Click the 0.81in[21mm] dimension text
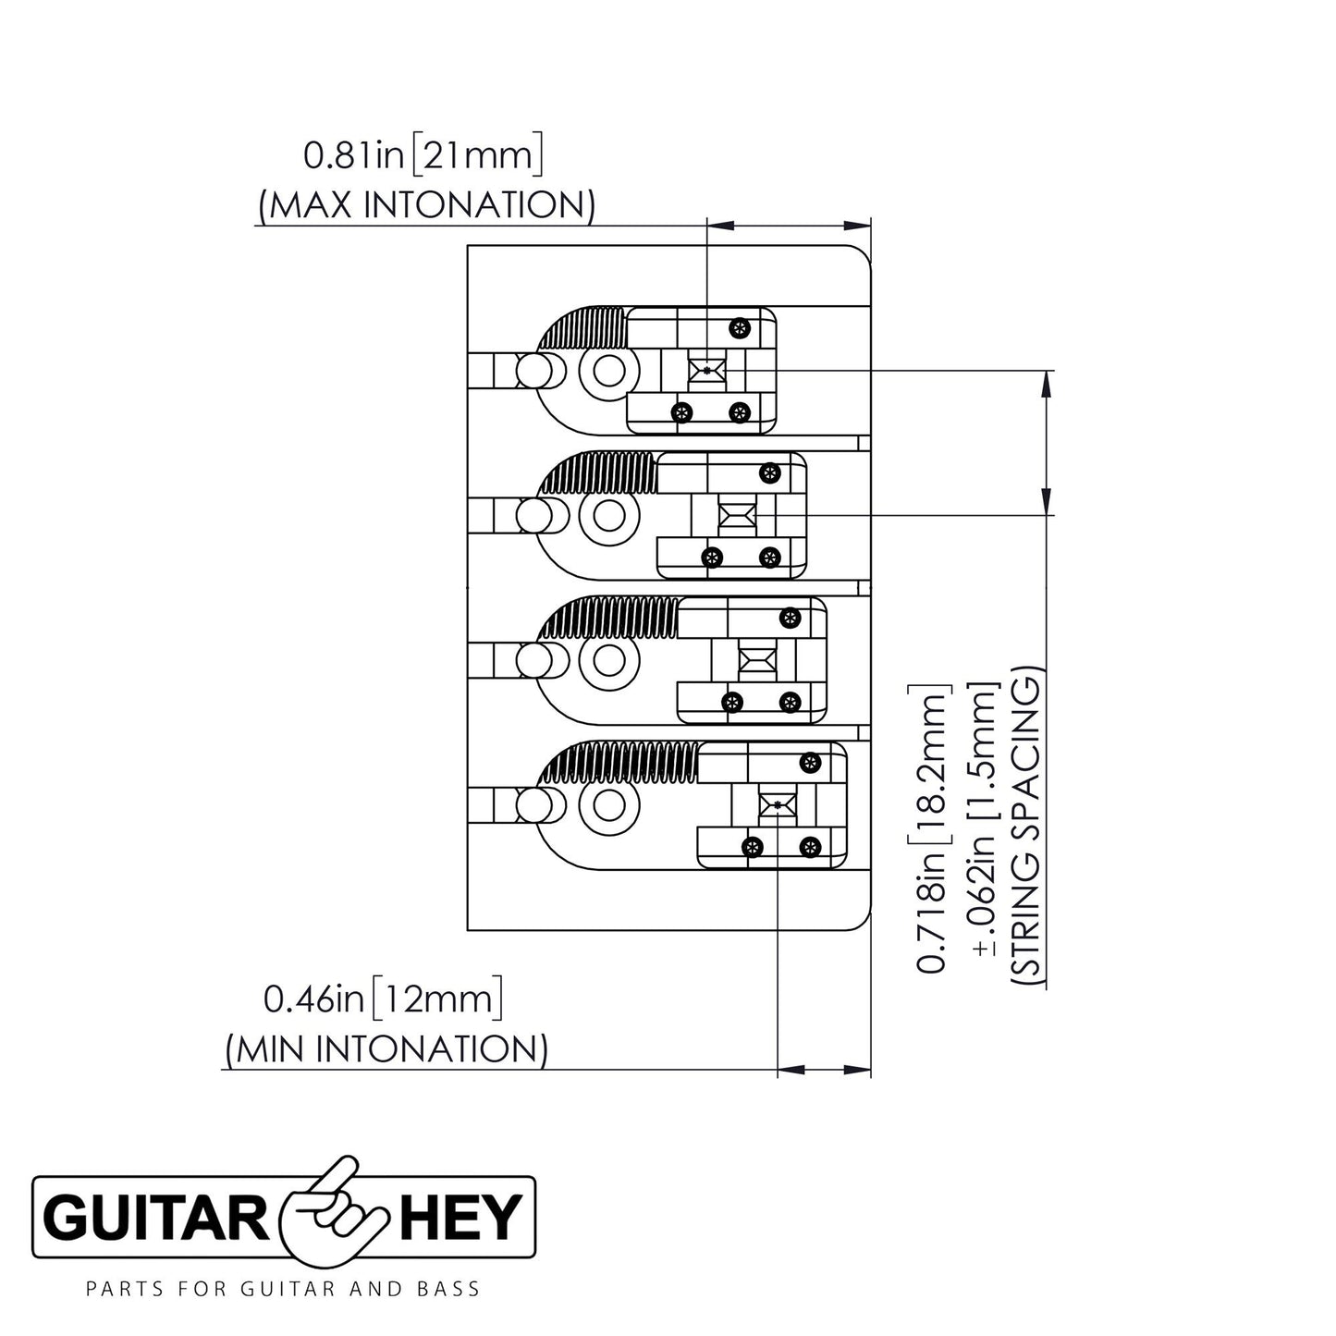point(422,156)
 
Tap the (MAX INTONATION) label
point(426,204)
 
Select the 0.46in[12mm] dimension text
point(383,999)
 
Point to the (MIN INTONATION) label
point(386,1048)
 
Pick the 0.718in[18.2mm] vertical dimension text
point(932,828)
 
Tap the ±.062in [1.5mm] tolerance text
point(979,828)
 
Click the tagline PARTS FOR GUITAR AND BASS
point(283,1289)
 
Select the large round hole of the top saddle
point(607,372)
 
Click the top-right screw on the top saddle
point(738,326)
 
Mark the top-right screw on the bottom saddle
point(810,763)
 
